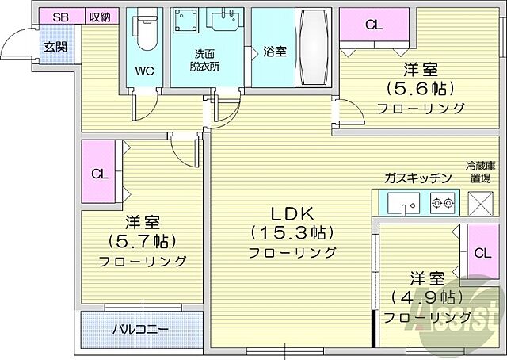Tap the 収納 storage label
point(99,17)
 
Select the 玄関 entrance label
point(55,47)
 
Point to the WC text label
point(143,71)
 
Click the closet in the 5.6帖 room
point(374,24)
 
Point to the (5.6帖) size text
point(420,89)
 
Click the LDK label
point(292,213)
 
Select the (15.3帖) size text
point(292,233)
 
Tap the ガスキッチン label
point(417,178)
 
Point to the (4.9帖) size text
point(426,298)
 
